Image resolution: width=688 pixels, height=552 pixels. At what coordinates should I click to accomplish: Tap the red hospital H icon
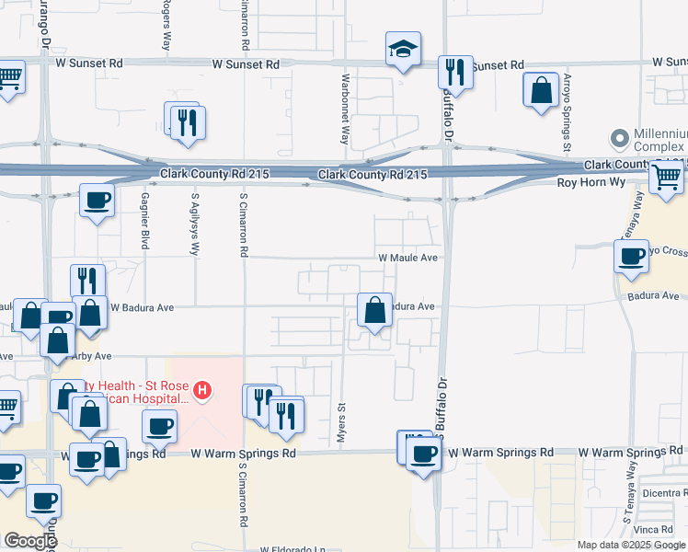pos(201,391)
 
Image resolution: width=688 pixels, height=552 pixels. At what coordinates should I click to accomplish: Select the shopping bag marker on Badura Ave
pos(374,311)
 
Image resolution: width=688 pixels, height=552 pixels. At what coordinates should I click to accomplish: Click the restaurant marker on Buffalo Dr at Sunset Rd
pos(455,71)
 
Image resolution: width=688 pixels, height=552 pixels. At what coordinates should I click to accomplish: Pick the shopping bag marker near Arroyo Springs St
pos(541,90)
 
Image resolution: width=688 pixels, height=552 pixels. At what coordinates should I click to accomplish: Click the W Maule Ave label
pos(407,259)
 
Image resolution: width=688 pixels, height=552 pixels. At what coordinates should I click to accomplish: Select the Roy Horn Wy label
pos(591,183)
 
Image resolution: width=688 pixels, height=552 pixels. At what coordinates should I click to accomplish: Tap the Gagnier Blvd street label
pos(144,225)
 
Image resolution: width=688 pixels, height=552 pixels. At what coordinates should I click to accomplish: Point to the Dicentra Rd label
pos(661,492)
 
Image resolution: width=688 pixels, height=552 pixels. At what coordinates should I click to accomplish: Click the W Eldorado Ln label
pos(292,549)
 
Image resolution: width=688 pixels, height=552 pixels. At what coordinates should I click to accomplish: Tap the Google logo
pos(30,541)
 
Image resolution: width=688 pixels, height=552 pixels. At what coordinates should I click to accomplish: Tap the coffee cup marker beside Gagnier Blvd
pos(96,200)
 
